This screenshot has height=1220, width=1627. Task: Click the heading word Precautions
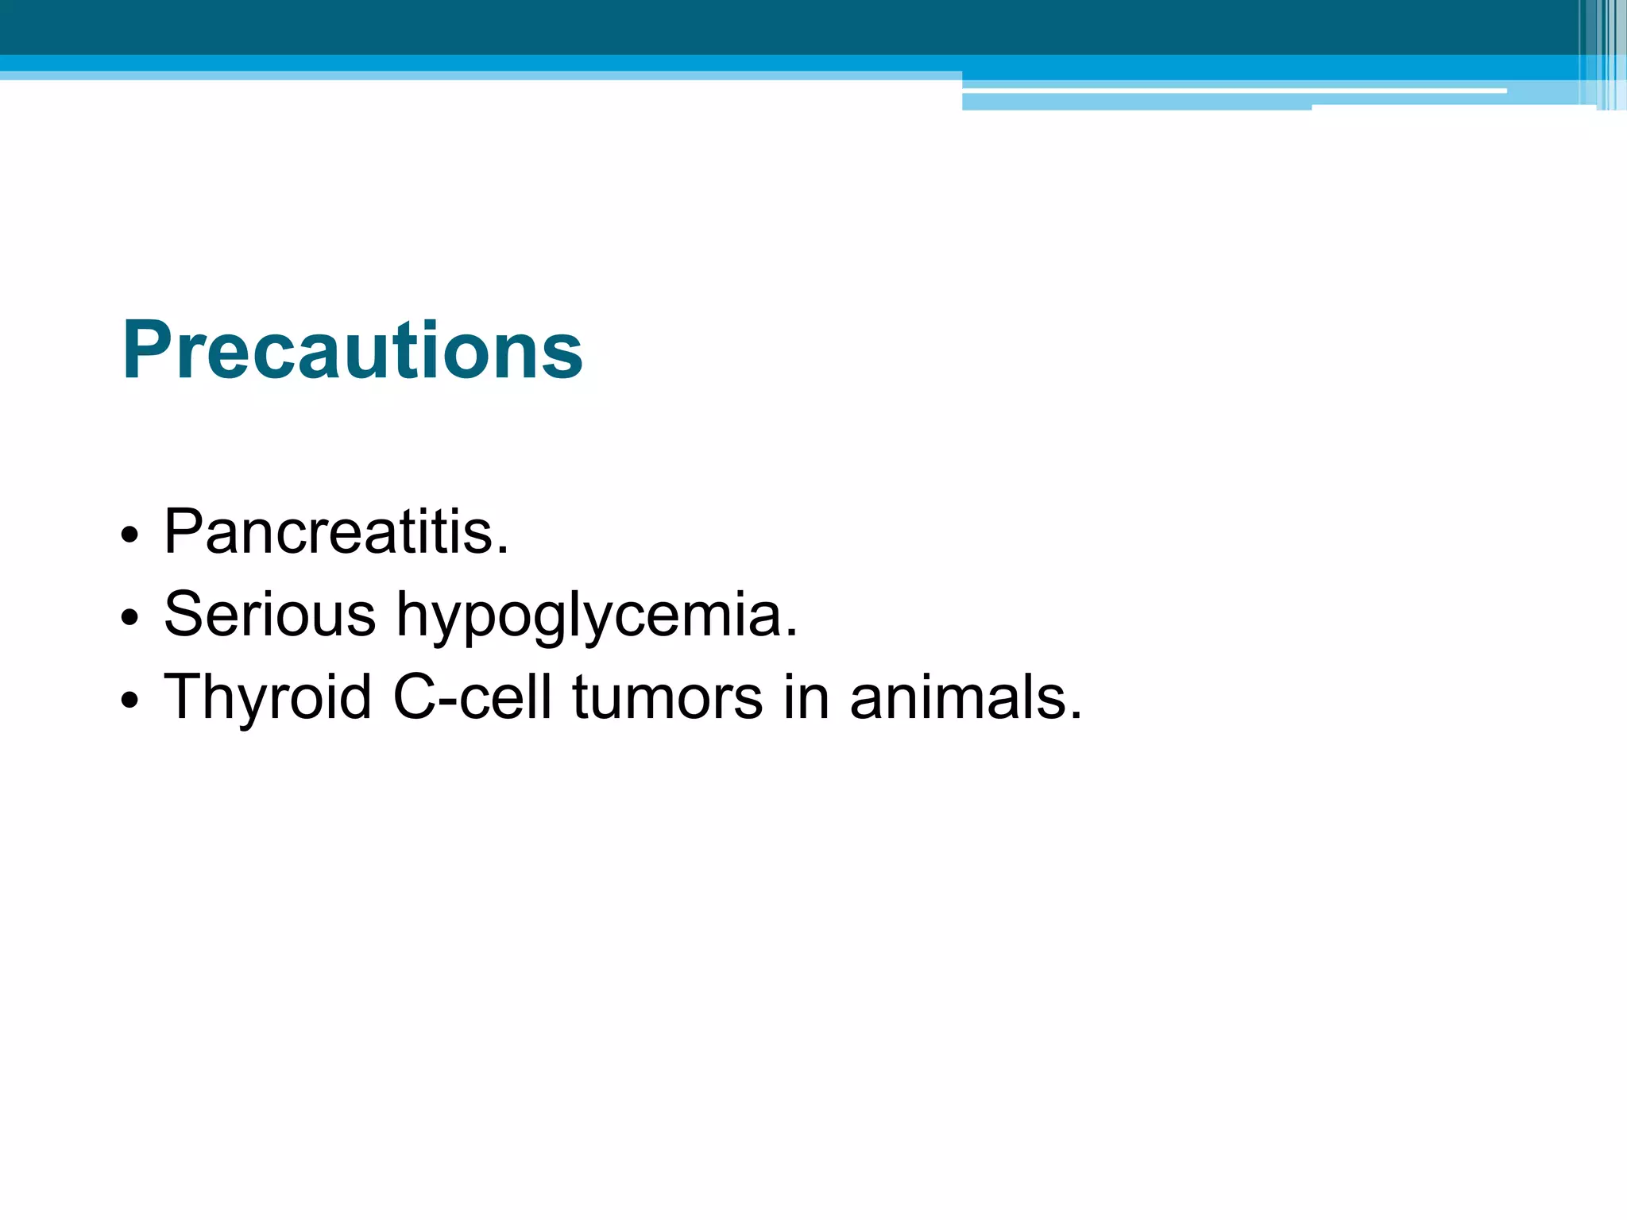pyautogui.click(x=352, y=350)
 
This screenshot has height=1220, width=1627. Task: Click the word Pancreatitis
pyautogui.click(x=335, y=531)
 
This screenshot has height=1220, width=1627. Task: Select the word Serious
pyautogui.click(x=269, y=614)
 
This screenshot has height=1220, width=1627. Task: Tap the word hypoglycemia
pyautogui.click(x=596, y=616)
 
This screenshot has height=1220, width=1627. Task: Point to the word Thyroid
pyautogui.click(x=268, y=697)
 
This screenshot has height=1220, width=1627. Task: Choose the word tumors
pyautogui.click(x=667, y=697)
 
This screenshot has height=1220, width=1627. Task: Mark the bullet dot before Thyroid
pyautogui.click(x=130, y=700)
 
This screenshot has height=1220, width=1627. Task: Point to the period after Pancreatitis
pyautogui.click(x=502, y=550)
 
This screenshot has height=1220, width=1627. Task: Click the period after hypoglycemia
pyautogui.click(x=790, y=633)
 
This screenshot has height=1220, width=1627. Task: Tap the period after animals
pyautogui.click(x=1076, y=716)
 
